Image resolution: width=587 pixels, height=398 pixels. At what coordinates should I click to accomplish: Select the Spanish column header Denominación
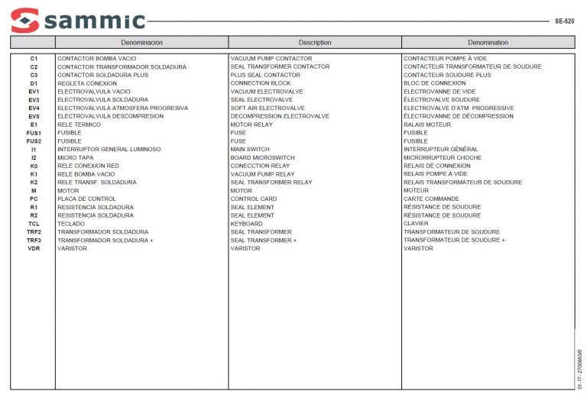(141, 43)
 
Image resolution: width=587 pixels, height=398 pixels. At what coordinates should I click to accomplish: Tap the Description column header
(315, 43)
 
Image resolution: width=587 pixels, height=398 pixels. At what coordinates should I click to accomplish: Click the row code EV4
(34, 108)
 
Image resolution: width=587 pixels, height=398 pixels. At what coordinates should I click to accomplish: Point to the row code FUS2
(34, 141)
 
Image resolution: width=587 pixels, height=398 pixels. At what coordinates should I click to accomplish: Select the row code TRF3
(34, 241)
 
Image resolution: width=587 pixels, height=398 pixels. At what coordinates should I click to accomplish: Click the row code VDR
(34, 249)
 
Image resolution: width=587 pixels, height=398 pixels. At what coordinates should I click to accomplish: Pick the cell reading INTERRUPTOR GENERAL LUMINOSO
(109, 150)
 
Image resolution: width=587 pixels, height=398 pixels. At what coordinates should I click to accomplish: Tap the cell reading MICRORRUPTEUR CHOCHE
(442, 158)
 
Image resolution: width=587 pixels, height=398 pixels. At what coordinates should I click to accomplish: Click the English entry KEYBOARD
(246, 224)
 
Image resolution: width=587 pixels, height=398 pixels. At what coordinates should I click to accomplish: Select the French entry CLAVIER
(416, 224)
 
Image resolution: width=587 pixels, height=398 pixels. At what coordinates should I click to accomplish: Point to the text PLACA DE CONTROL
(86, 199)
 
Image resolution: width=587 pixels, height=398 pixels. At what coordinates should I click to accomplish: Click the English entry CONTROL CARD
(253, 199)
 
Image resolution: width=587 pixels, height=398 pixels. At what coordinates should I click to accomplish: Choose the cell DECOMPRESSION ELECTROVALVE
(280, 117)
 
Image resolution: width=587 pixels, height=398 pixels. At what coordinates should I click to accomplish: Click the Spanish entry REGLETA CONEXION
(87, 83)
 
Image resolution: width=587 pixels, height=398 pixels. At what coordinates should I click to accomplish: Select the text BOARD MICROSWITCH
(262, 158)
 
